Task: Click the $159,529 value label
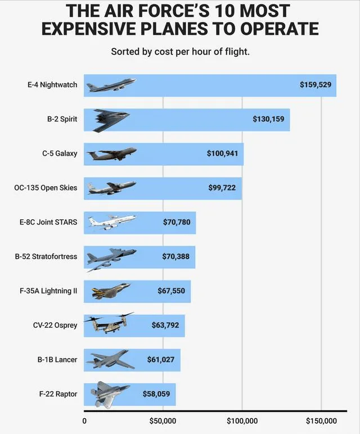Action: (x=316, y=85)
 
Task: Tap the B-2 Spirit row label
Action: (x=62, y=119)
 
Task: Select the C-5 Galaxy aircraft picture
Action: (x=112, y=153)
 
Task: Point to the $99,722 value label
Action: (x=222, y=188)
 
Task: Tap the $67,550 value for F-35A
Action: (x=171, y=291)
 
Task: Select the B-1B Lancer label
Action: (x=58, y=360)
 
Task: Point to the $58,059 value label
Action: (x=156, y=394)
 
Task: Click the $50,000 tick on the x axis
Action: (x=163, y=421)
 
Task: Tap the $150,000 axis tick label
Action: (x=321, y=421)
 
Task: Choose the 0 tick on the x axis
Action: (x=84, y=421)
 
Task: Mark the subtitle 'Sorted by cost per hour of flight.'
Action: (x=180, y=52)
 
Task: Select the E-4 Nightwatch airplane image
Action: (x=111, y=85)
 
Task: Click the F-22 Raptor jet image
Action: (x=110, y=394)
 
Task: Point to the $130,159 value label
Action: (x=268, y=119)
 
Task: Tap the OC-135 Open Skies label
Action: (x=46, y=188)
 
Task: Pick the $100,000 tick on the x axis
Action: (x=242, y=421)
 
